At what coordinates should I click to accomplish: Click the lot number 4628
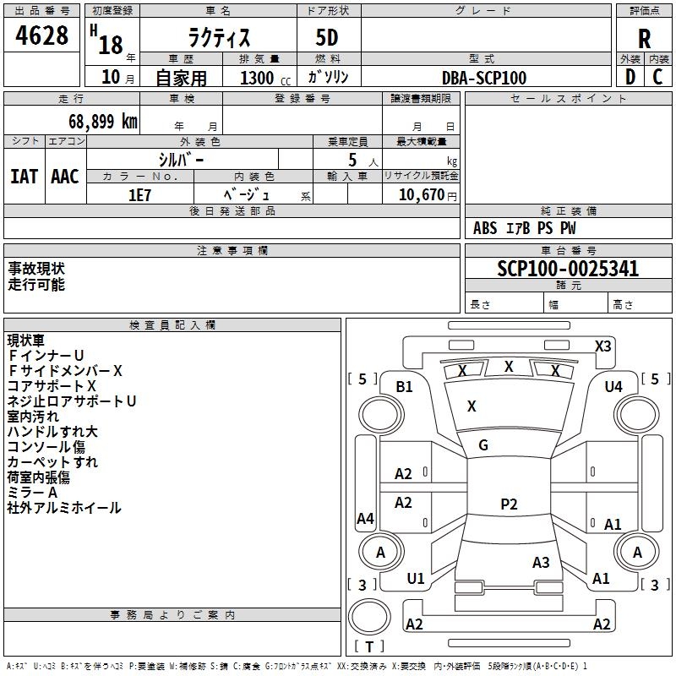click(42, 36)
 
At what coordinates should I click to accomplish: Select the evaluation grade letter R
click(644, 38)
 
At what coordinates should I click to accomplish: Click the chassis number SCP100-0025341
click(568, 270)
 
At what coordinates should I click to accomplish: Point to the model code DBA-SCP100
click(484, 78)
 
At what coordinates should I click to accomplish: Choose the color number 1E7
click(139, 194)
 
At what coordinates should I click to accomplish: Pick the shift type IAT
click(23, 177)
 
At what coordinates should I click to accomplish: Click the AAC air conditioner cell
click(65, 177)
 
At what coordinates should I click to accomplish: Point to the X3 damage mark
click(602, 346)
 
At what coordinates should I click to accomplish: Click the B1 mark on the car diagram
click(405, 387)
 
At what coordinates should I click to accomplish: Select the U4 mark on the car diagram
click(613, 387)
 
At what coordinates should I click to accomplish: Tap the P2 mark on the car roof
click(509, 504)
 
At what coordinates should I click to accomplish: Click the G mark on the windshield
click(483, 445)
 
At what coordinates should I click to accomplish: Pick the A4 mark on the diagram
click(365, 519)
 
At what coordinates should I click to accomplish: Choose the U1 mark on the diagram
click(416, 579)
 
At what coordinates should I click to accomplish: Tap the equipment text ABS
click(485, 228)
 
